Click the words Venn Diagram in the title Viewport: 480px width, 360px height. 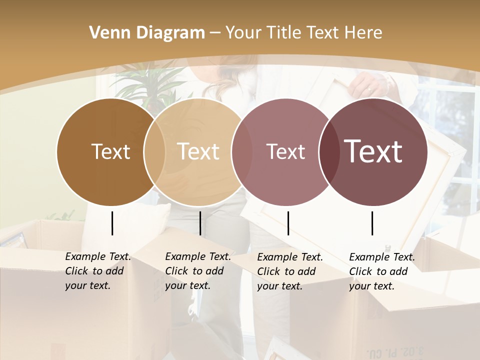[147, 33]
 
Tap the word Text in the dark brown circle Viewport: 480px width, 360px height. [110, 151]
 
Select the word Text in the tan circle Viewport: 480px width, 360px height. [198, 151]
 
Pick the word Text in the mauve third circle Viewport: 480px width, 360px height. [285, 151]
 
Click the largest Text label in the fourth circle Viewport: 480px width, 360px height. [374, 151]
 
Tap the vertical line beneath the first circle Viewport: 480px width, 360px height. [112, 223]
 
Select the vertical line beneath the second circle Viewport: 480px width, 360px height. [200, 223]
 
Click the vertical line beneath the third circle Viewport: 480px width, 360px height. [288, 223]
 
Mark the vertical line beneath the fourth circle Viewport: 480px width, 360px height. [372, 223]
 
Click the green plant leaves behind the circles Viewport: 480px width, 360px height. [145, 82]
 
